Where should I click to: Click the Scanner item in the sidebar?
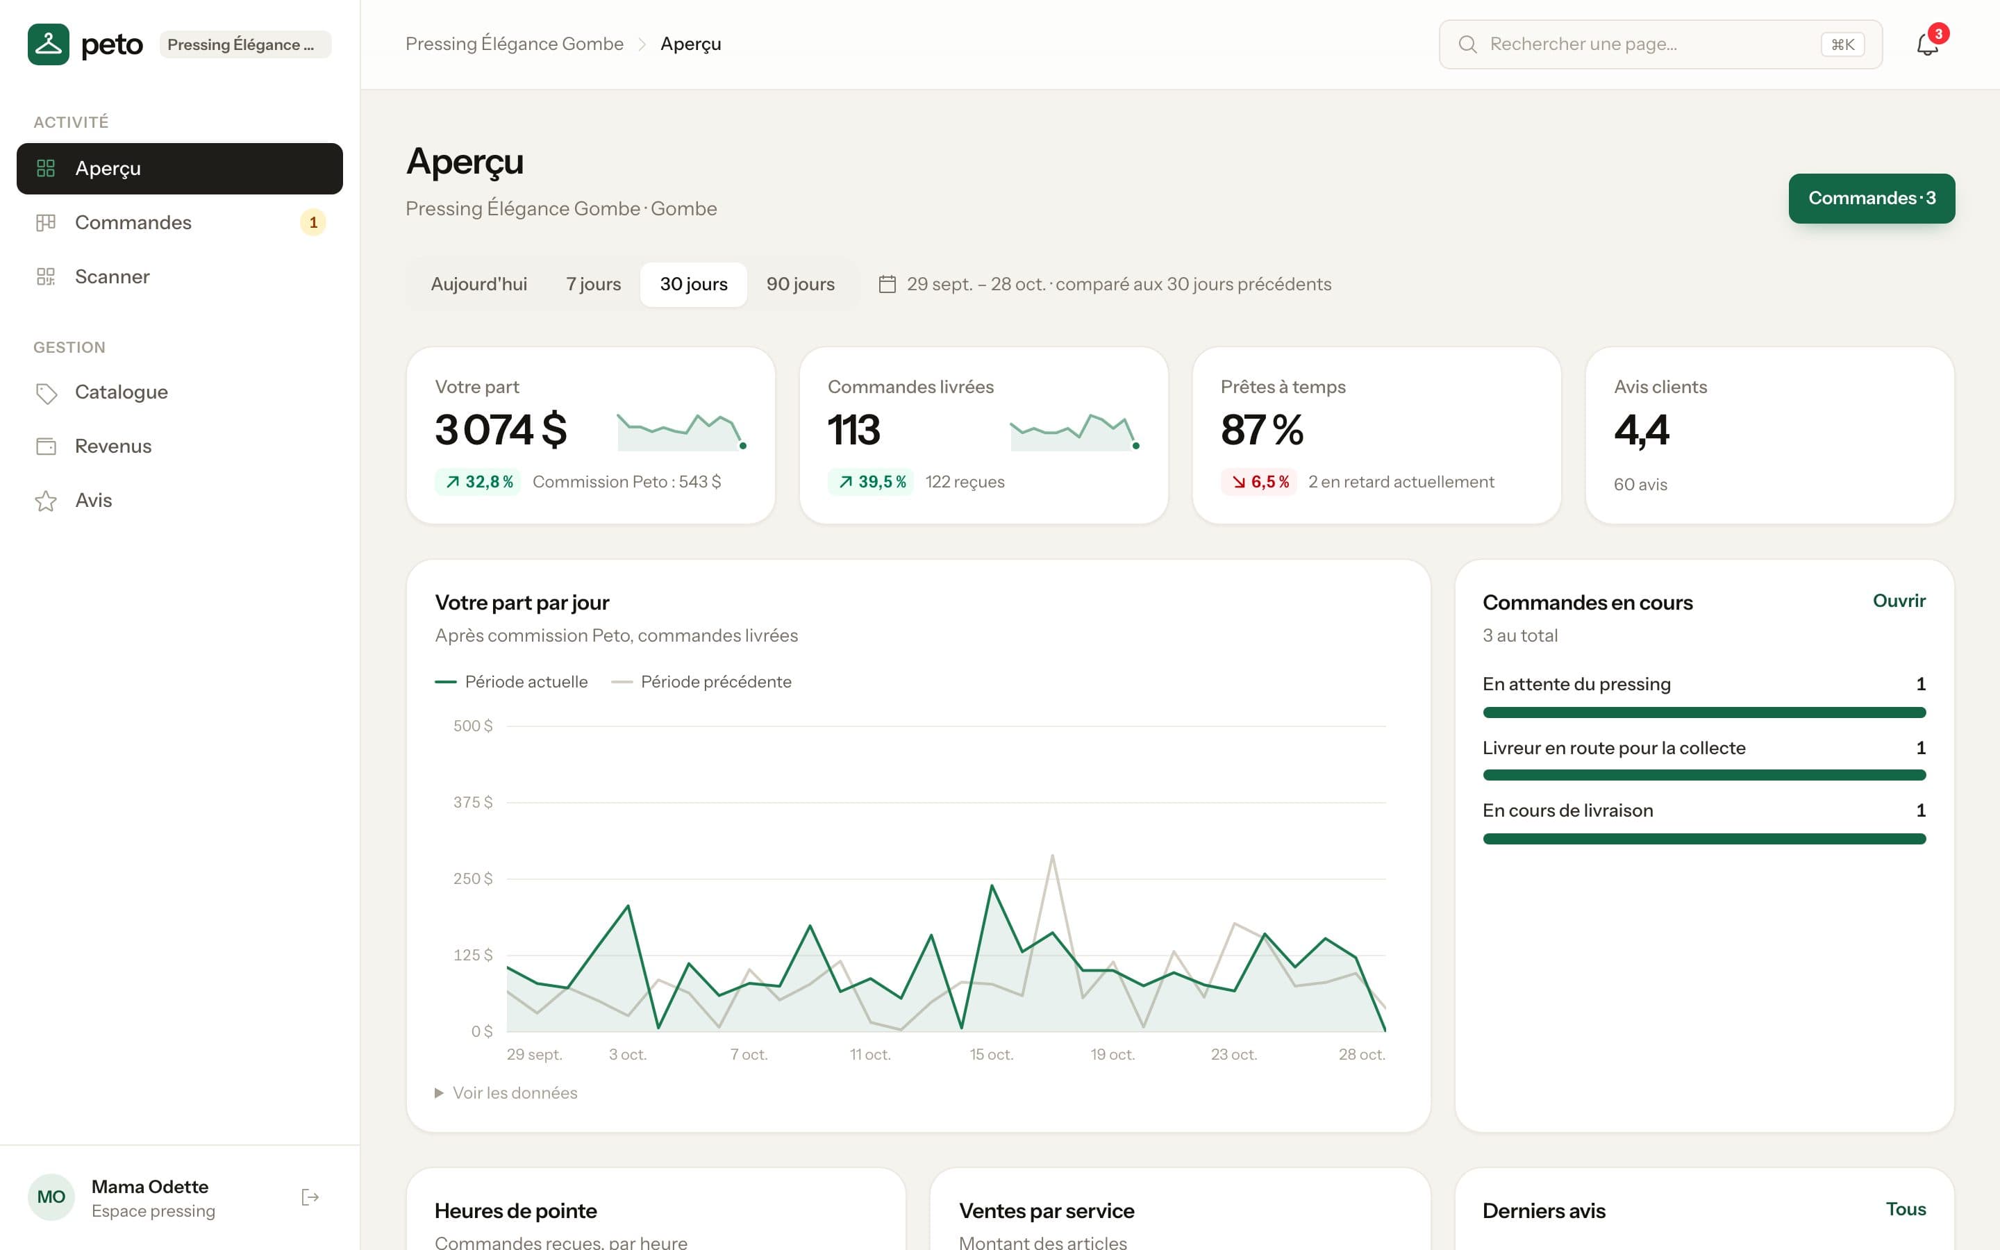tap(179, 277)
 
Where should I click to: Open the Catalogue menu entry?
tap(179, 392)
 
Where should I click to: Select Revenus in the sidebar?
tap(179, 447)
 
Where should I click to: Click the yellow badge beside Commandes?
tap(313, 222)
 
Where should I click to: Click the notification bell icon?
tap(1927, 44)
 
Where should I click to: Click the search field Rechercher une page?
tap(1660, 44)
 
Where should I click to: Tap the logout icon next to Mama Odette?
tap(310, 1197)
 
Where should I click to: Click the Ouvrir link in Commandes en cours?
tap(1899, 601)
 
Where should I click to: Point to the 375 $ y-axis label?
tap(473, 802)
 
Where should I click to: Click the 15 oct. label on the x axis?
tap(991, 1054)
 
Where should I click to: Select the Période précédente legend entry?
tap(701, 682)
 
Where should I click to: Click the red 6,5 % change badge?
tap(1260, 482)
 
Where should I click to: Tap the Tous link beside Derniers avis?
tap(1906, 1210)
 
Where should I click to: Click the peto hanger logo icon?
tap(49, 44)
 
